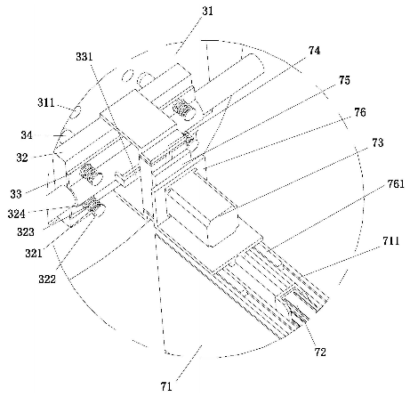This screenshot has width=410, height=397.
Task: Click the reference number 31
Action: point(207,12)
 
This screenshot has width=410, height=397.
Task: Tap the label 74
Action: point(314,51)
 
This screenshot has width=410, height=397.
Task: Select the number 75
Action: point(344,80)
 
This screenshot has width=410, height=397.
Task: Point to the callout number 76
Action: point(360,112)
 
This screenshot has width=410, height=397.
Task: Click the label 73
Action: point(377,142)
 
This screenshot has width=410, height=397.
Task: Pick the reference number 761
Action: point(396,184)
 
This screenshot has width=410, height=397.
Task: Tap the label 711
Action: point(390,241)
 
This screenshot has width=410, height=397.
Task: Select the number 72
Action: point(320,352)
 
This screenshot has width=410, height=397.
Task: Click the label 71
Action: point(166,386)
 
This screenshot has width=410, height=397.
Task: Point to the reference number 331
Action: point(84,56)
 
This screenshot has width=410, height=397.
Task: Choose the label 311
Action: point(46,102)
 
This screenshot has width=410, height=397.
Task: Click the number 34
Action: point(27,135)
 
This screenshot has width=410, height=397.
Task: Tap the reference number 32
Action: point(22,158)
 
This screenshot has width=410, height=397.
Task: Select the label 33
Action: point(16,194)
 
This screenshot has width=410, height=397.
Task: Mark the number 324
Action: point(17,213)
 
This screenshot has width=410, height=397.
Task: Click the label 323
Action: point(26,231)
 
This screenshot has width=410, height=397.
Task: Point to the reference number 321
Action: point(34,253)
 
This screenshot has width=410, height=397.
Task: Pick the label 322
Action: point(47,279)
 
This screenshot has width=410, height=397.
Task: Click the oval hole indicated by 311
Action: point(76,112)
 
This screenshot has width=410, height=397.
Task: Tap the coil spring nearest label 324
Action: point(92,205)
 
